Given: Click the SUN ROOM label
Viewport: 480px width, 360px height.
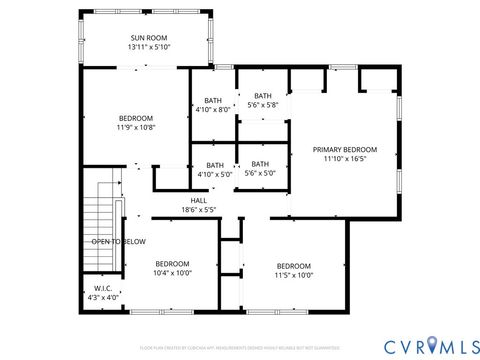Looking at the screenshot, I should tap(150, 37).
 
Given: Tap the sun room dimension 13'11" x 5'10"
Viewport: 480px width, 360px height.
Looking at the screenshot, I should tap(150, 47).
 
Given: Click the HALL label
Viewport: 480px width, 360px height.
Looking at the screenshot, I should tap(199, 200).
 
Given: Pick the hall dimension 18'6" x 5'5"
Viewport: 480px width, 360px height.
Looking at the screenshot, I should tap(199, 210).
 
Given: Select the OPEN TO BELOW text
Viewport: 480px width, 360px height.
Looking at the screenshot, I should tap(119, 241).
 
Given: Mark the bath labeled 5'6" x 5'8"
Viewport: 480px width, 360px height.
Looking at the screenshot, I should tap(262, 105).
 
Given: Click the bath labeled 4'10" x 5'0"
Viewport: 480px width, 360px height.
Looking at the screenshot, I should tap(215, 175).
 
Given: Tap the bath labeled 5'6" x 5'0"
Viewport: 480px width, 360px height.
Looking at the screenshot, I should tap(260, 175).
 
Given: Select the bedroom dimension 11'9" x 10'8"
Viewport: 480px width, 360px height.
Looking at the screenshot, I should tap(136, 128).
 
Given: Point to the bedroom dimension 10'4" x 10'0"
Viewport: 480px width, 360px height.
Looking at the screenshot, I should tap(172, 273).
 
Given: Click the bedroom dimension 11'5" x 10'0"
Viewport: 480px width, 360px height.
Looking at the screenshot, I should tap(294, 275).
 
